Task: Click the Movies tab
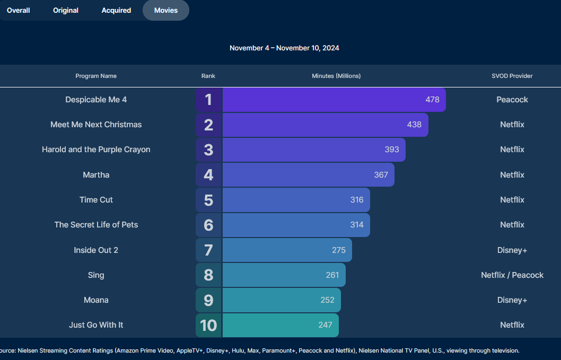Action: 166,10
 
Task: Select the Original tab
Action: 66,10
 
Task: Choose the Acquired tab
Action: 116,10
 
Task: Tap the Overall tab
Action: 19,10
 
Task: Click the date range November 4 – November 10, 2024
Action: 284,48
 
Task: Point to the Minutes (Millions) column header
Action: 336,76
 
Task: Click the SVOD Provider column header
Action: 512,76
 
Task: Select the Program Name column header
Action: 96,76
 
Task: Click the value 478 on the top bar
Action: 433,100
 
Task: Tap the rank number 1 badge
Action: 208,100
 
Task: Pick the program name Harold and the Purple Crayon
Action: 96,150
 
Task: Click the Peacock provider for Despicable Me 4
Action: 512,100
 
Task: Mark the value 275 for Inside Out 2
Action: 339,250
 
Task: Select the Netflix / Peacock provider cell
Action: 512,275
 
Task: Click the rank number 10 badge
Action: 208,325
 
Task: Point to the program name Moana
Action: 96,300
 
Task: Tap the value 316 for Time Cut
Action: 357,200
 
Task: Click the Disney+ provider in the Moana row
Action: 512,300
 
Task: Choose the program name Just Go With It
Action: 96,325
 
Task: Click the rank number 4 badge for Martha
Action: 208,174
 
